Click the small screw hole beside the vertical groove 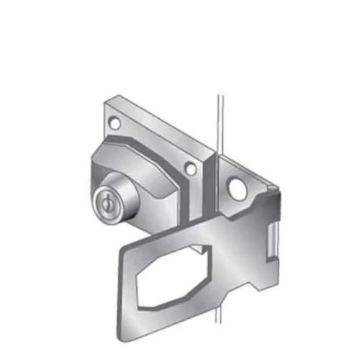click(x=190, y=169)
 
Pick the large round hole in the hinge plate click(x=235, y=188)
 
